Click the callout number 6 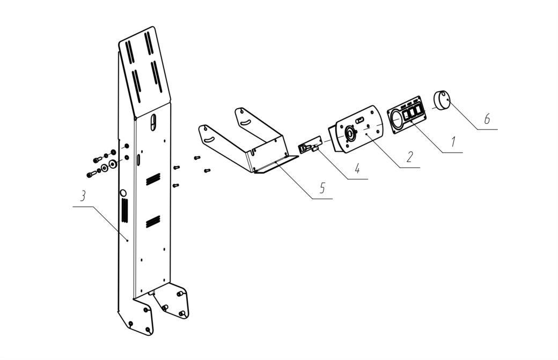pyautogui.click(x=487, y=118)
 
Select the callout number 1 pyautogui.click(x=453, y=142)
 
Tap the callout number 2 pyautogui.click(x=410, y=156)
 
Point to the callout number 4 pyautogui.click(x=357, y=168)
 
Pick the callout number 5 pyautogui.click(x=322, y=187)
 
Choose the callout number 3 pyautogui.click(x=82, y=196)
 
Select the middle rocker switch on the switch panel pyautogui.click(x=412, y=113)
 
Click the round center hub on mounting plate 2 pyautogui.click(x=350, y=134)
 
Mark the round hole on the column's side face pyautogui.click(x=123, y=193)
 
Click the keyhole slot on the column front pyautogui.click(x=153, y=122)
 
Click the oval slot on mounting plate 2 pyautogui.click(x=360, y=120)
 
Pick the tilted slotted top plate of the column pyautogui.click(x=144, y=71)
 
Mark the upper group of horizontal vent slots pyautogui.click(x=153, y=179)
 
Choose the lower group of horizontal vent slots pyautogui.click(x=153, y=221)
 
